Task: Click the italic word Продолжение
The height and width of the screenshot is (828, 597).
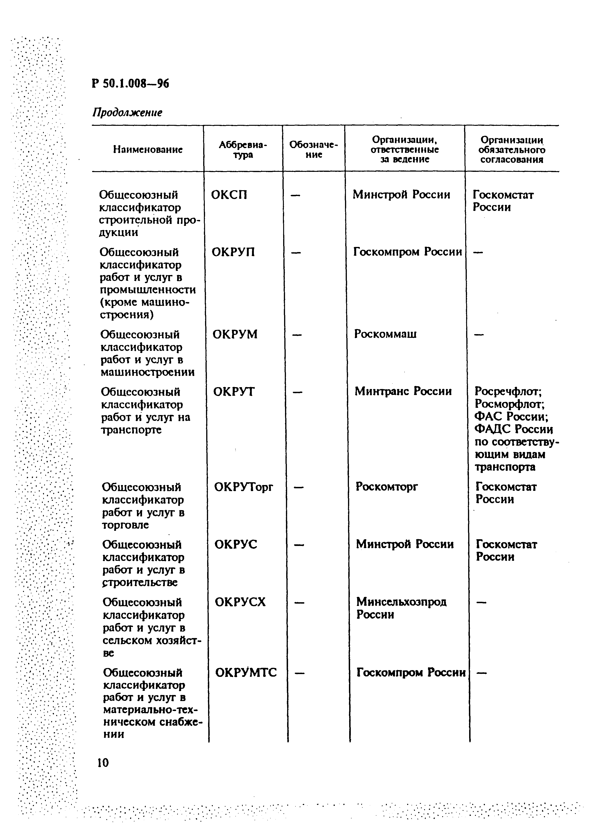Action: [x=127, y=113]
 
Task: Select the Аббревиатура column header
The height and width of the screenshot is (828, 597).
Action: [x=243, y=150]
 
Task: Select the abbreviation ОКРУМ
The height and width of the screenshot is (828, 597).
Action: [x=235, y=334]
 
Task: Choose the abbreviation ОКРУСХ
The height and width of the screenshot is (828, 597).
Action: [x=240, y=602]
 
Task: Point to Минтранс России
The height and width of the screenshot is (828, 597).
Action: [x=403, y=391]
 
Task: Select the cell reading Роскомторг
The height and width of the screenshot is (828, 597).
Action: [x=387, y=487]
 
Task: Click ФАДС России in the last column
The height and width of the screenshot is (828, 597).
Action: [x=514, y=429]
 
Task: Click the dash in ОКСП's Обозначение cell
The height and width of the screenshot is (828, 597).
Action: [x=295, y=196]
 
